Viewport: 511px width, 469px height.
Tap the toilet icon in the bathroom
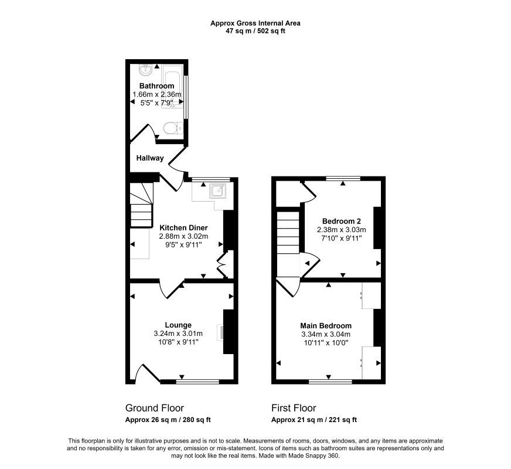[x=172, y=128]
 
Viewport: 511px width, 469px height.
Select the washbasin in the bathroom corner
[x=145, y=72]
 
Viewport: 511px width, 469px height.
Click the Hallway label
[x=150, y=158]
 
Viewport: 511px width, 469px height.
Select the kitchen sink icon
[x=219, y=191]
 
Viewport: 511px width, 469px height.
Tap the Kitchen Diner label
[x=183, y=227]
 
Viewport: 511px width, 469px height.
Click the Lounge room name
[x=178, y=325]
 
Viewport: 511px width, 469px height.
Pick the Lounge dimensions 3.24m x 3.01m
[x=178, y=334]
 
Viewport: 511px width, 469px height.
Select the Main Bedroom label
[x=326, y=326]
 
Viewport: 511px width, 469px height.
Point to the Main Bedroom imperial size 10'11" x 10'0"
[x=326, y=344]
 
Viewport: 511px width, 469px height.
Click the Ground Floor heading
[x=155, y=408]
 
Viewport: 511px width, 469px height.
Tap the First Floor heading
[x=294, y=408]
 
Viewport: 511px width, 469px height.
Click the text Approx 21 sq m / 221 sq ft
[x=314, y=420]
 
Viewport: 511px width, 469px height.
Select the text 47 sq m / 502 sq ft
[x=255, y=31]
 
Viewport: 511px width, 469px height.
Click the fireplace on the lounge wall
[x=226, y=332]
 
